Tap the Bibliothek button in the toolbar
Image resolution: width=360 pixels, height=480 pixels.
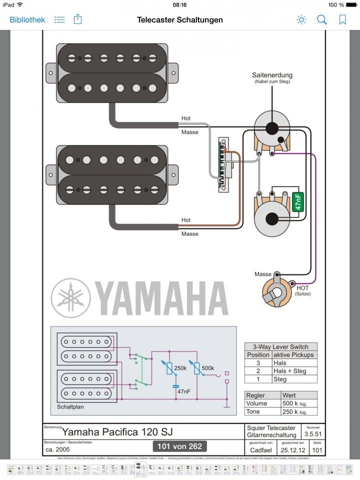(x=27, y=20)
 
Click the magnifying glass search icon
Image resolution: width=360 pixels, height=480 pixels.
(x=322, y=20)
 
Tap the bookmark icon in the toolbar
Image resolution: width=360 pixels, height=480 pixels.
(x=342, y=20)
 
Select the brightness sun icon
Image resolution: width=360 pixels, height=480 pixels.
(x=301, y=20)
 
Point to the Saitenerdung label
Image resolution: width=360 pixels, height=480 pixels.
(x=272, y=75)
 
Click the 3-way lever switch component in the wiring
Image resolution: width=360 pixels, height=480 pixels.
(x=223, y=165)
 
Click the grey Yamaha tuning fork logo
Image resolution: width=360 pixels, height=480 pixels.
(x=70, y=297)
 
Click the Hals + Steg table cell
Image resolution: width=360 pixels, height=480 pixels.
(x=287, y=371)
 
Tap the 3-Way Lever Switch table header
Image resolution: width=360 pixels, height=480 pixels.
(x=280, y=346)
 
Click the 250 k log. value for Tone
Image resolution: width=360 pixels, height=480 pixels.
(x=293, y=411)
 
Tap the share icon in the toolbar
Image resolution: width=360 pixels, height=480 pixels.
(x=77, y=20)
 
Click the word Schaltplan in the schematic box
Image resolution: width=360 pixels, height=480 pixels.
(x=70, y=406)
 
